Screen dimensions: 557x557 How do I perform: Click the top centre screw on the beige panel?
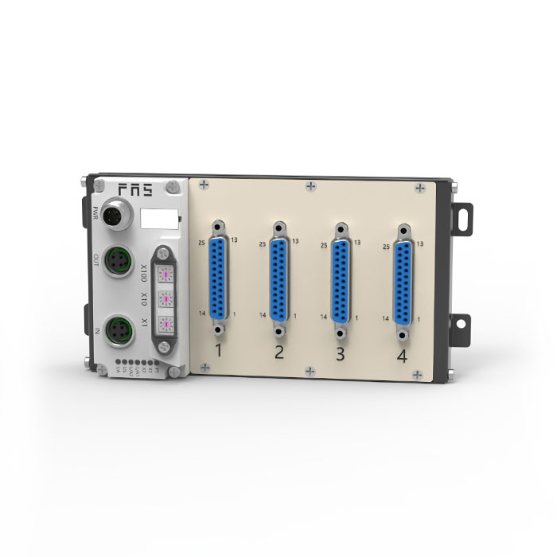tap(310, 185)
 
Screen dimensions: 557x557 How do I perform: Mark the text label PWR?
tap(96, 214)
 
